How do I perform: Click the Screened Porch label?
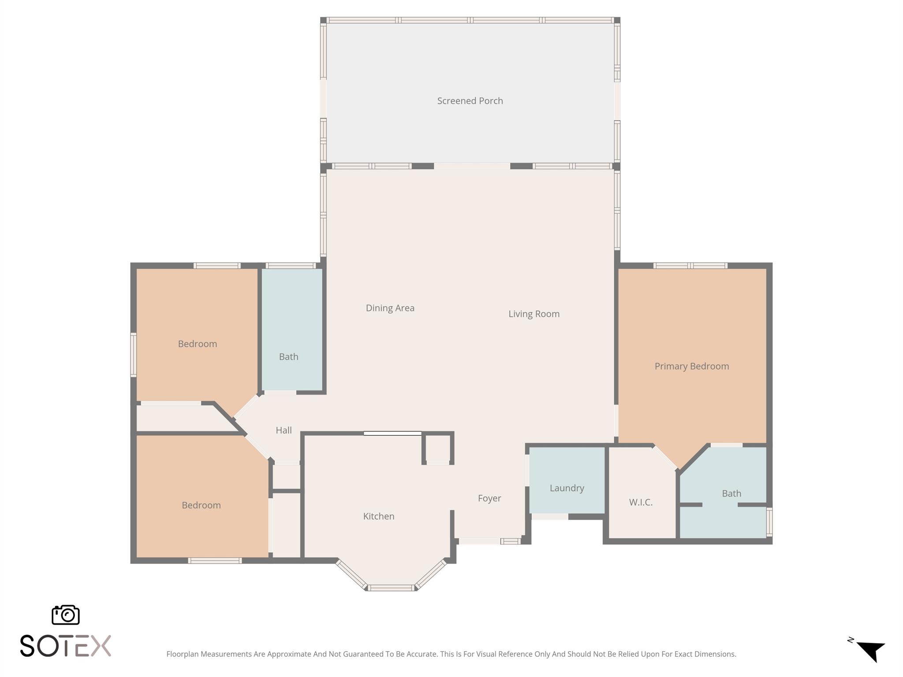pos(470,101)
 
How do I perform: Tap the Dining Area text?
pos(390,308)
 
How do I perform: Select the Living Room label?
pos(534,314)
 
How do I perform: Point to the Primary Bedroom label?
pos(691,366)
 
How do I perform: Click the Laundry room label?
pos(567,488)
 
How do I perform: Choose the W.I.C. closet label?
pos(640,502)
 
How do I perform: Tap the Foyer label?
pos(489,498)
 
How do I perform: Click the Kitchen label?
pos(378,516)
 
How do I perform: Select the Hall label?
pos(284,430)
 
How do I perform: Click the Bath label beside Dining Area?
pos(288,357)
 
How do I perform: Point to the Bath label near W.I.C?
pos(731,493)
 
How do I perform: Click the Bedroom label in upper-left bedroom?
pos(197,344)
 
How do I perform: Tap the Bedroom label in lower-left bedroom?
pos(201,505)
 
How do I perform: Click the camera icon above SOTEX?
pos(66,614)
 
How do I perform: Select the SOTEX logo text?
pos(65,646)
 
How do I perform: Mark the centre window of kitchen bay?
pos(391,588)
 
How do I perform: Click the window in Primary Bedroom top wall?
pos(690,265)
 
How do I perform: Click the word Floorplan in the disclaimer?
pos(183,654)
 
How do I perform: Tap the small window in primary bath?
pos(769,522)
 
